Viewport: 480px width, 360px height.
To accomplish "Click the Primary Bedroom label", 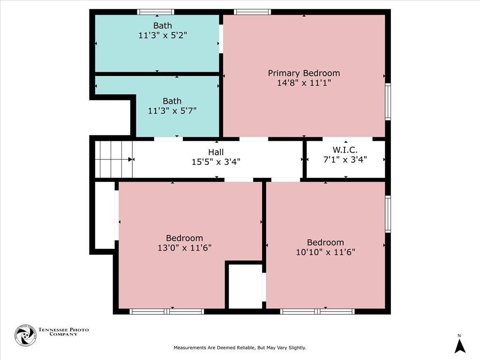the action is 304,73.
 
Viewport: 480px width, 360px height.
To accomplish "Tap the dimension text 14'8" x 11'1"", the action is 304,82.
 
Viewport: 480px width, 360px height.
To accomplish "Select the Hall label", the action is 216,152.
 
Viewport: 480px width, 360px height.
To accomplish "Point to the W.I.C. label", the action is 345,150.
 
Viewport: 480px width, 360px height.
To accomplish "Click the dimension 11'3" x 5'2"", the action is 163,35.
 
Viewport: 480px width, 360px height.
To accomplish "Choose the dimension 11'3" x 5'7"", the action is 172,111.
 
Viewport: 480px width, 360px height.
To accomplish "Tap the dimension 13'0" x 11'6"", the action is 184,247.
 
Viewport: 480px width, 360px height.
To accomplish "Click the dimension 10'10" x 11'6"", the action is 325,252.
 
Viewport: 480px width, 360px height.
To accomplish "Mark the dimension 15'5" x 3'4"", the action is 216,162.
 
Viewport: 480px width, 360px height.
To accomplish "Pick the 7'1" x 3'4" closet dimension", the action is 345,159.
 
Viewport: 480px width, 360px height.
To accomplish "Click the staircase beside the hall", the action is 113,159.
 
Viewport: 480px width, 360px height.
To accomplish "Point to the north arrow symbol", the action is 459,347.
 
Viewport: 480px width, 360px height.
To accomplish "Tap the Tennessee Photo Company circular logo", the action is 26,335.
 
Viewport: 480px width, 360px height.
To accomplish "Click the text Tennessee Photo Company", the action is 63,332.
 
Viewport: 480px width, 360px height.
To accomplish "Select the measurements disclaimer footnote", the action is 240,348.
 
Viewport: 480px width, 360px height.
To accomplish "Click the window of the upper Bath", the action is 156,12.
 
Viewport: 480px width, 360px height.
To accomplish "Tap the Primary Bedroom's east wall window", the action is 388,102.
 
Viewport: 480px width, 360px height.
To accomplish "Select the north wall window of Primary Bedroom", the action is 253,12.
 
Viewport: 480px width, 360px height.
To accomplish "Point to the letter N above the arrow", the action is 459,336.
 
